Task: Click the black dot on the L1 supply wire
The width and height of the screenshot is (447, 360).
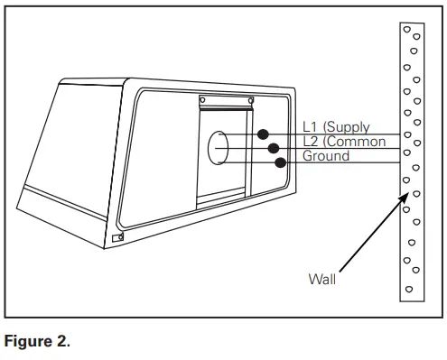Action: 264,134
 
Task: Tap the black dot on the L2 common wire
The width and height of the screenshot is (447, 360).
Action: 272,148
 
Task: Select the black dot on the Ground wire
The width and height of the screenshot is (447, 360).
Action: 281,163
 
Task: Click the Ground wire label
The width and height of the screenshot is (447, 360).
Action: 325,156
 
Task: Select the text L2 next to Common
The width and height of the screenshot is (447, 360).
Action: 311,143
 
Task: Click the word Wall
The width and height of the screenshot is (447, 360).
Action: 320,279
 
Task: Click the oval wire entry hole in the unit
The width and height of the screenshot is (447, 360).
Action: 218,147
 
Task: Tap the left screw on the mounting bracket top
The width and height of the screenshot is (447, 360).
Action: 202,99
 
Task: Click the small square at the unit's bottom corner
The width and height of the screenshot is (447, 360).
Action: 118,238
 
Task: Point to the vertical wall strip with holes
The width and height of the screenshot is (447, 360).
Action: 412,162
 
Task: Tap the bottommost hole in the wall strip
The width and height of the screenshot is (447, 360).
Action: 410,289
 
